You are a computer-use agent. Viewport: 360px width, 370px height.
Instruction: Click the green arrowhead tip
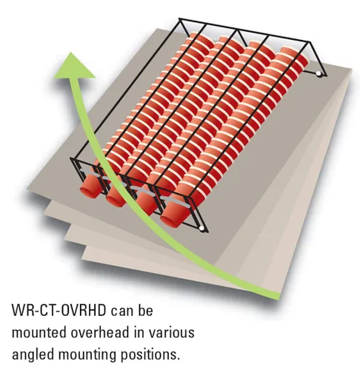[x=71, y=53]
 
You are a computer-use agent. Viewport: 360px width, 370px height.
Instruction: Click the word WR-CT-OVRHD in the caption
[x=59, y=311]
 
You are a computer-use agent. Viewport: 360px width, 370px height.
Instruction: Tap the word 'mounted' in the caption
[x=39, y=332]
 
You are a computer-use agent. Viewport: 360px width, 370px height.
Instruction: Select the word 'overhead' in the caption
[x=100, y=332]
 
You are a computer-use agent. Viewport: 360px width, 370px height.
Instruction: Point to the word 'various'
[x=171, y=332]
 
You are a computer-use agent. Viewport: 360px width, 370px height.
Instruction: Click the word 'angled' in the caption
[x=33, y=355]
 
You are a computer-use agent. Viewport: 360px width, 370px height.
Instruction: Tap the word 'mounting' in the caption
[x=87, y=355]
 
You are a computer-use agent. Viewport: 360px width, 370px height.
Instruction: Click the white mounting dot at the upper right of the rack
[x=319, y=73]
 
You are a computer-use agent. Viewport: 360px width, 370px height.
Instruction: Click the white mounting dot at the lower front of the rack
[x=201, y=229]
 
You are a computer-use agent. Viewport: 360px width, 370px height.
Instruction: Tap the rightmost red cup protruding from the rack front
[x=173, y=216]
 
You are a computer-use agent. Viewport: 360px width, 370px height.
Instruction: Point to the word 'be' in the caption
[x=146, y=311]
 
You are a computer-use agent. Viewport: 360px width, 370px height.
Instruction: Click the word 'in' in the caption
[x=139, y=332]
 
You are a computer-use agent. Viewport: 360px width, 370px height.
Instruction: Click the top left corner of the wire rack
[x=179, y=18]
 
